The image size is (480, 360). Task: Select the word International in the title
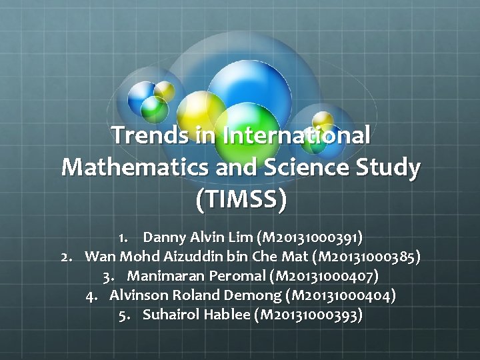click(x=297, y=135)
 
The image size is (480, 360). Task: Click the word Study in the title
click(x=391, y=167)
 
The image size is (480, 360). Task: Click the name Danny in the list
click(x=164, y=237)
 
